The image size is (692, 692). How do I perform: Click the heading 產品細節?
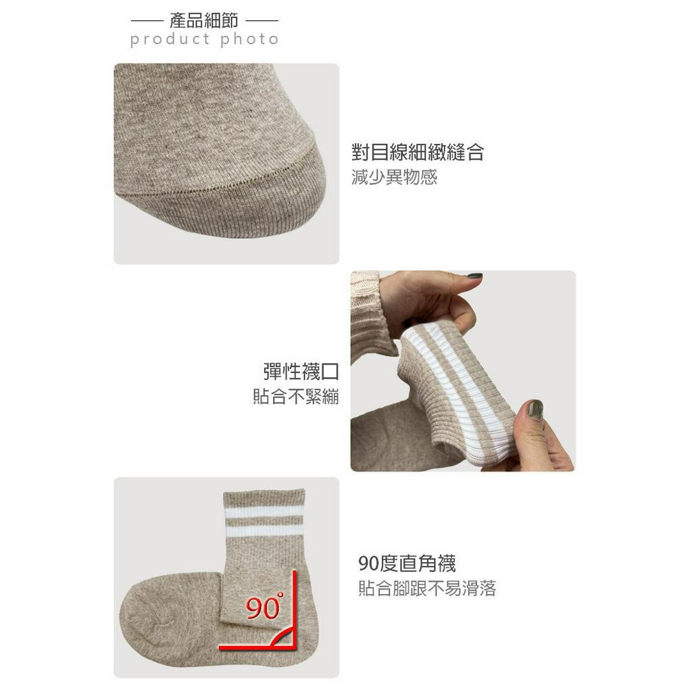[204, 20]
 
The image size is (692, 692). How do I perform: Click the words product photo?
[204, 40]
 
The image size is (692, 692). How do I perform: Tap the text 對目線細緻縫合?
[418, 152]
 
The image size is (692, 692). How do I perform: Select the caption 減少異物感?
[395, 178]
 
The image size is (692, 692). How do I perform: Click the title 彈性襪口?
[301, 371]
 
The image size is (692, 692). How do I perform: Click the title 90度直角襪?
[407, 563]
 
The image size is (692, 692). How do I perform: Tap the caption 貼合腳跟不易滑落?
[427, 589]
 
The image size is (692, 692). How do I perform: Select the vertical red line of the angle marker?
[295, 608]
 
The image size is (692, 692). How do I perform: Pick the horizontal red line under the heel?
[257, 647]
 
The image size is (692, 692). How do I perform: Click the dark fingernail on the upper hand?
[474, 276]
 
